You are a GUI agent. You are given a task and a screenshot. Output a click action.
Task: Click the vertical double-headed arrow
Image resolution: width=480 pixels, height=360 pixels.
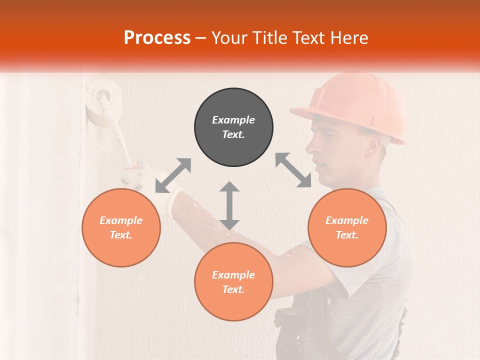click(229, 205)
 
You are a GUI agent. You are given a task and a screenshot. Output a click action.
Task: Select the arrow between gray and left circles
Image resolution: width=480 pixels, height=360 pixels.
click(173, 175)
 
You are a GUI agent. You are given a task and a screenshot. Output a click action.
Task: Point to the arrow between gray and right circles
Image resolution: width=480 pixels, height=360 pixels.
click(293, 170)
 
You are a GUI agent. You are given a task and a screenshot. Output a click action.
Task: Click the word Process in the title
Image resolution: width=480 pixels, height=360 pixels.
click(157, 37)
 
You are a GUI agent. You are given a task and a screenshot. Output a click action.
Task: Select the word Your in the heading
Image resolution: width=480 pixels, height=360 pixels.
click(229, 37)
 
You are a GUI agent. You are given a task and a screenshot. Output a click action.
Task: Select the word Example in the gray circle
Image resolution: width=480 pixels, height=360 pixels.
click(233, 120)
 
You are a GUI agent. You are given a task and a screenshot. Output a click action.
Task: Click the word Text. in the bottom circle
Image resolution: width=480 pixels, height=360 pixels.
click(233, 289)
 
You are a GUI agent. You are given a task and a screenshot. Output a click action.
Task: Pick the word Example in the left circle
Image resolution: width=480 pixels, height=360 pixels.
click(121, 220)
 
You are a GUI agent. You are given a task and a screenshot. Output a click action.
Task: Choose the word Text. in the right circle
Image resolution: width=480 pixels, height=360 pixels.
click(347, 235)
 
